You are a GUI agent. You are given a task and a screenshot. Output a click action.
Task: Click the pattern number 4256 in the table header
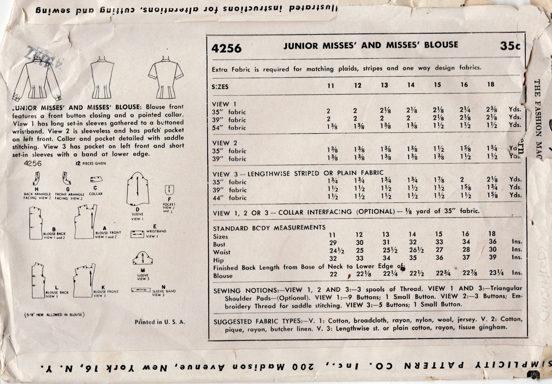click(x=226, y=48)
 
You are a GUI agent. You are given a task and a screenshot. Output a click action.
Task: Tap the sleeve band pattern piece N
click(x=141, y=289)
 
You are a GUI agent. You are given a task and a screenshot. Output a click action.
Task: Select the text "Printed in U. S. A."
click(x=160, y=322)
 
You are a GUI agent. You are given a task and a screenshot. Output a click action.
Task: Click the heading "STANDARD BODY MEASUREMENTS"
click(x=269, y=228)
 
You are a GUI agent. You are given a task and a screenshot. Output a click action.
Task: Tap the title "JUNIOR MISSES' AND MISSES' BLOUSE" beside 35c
click(x=371, y=45)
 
